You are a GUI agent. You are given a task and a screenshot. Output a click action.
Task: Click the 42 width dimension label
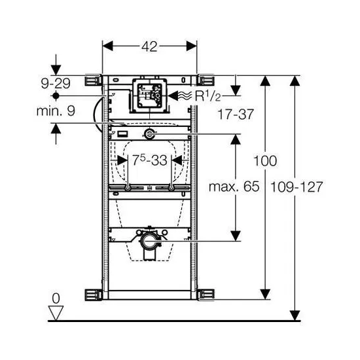coord(149,46)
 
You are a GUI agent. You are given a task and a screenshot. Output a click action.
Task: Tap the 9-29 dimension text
coord(56,83)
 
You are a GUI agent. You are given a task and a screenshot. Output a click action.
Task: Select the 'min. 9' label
coord(56,111)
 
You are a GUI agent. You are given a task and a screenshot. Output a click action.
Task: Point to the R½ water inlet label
coord(207,96)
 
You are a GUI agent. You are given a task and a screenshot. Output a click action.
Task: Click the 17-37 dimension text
coord(236,114)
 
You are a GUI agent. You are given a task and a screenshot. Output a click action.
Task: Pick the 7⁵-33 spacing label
coord(149,160)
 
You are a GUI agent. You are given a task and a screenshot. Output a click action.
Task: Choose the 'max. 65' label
coord(234,187)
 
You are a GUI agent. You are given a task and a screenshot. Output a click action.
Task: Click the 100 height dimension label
coord(265,161)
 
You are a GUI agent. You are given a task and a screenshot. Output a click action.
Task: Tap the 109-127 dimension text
coord(297,187)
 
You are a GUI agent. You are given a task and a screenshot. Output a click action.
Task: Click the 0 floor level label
coord(56,298)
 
